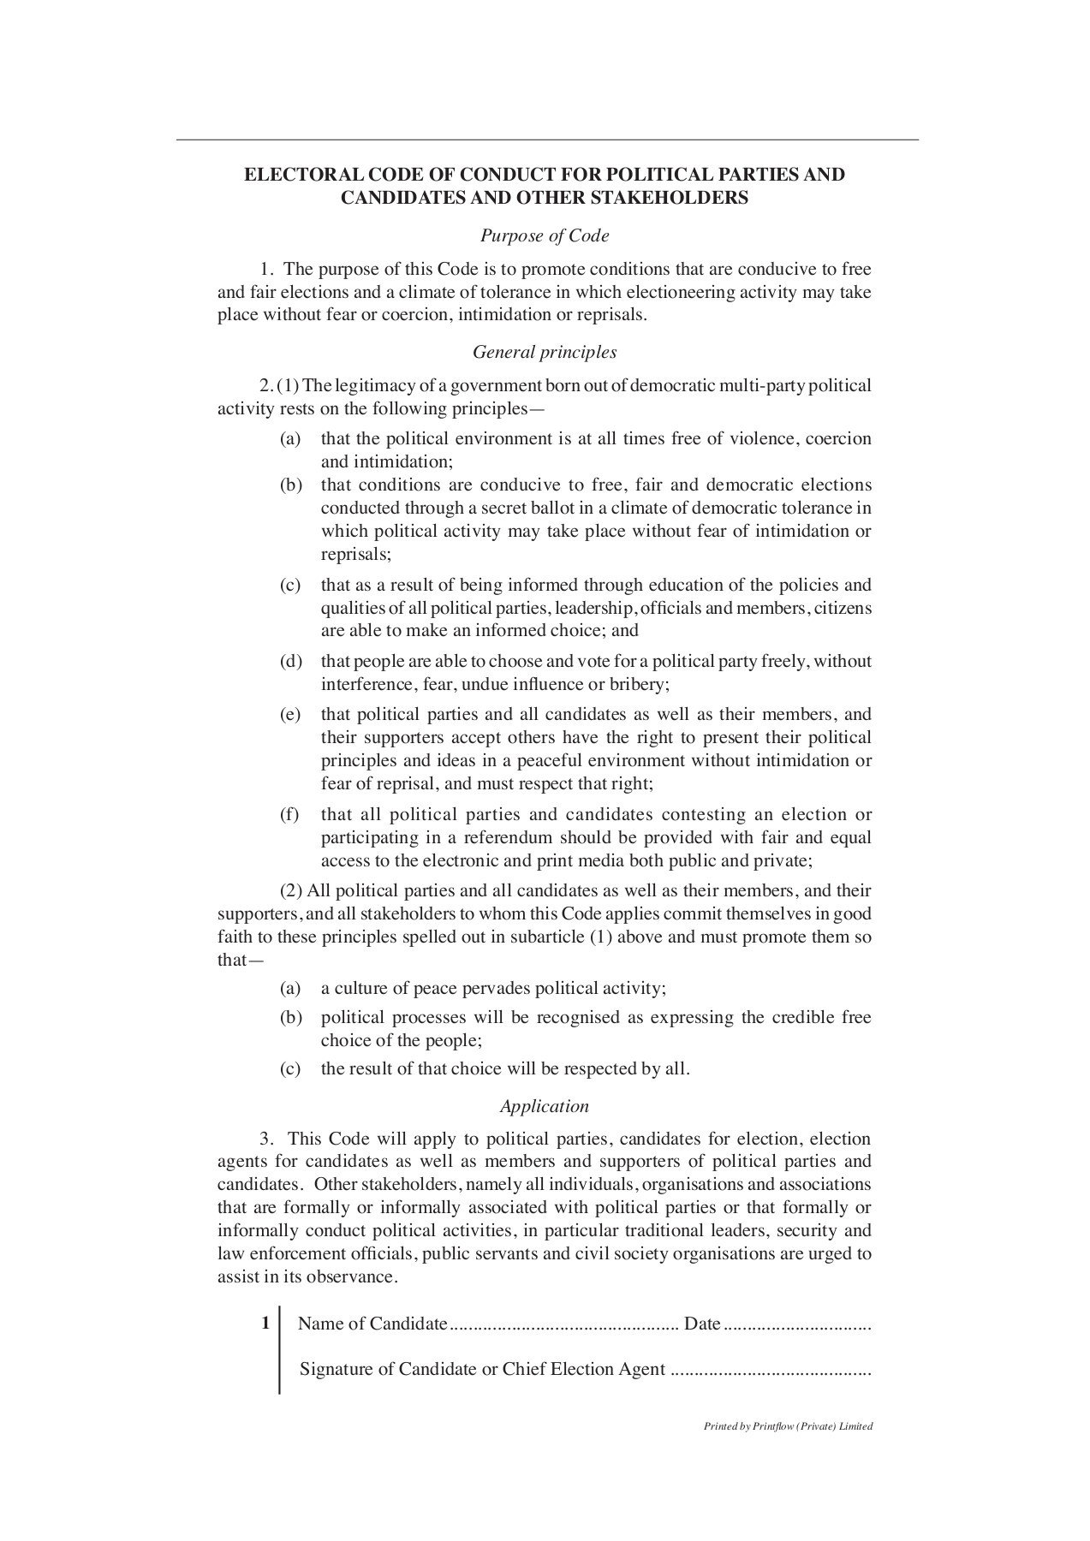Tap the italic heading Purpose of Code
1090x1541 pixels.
[x=545, y=235]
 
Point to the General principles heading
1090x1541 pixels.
[x=545, y=352]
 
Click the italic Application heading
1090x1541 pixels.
[x=545, y=1106]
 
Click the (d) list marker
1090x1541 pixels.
[x=290, y=662]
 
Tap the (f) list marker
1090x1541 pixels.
[x=289, y=814]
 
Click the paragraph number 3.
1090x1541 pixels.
[x=267, y=1139]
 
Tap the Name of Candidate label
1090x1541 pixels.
[x=372, y=1324]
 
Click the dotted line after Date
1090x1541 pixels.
[x=798, y=1325]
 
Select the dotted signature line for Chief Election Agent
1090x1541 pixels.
[x=771, y=1370]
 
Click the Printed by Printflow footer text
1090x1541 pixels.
[x=788, y=1426]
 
